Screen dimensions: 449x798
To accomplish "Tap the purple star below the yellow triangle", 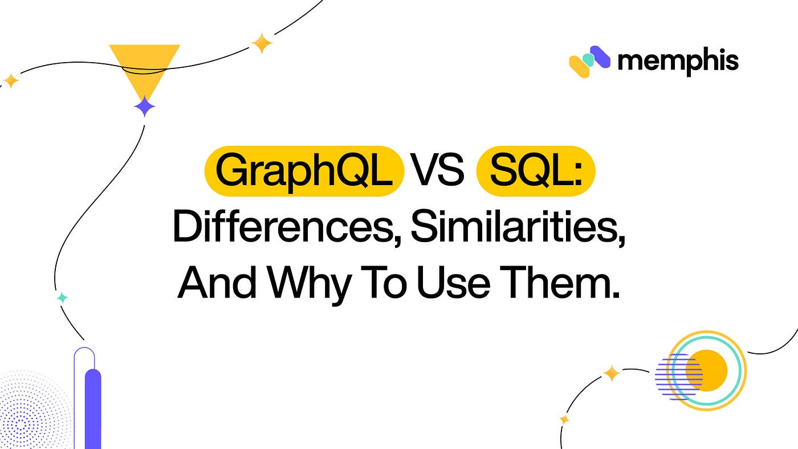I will (144, 107).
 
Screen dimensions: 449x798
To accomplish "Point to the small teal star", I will (62, 298).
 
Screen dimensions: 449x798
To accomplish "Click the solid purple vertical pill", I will (92, 407).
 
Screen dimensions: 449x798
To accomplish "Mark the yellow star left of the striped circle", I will (612, 373).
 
